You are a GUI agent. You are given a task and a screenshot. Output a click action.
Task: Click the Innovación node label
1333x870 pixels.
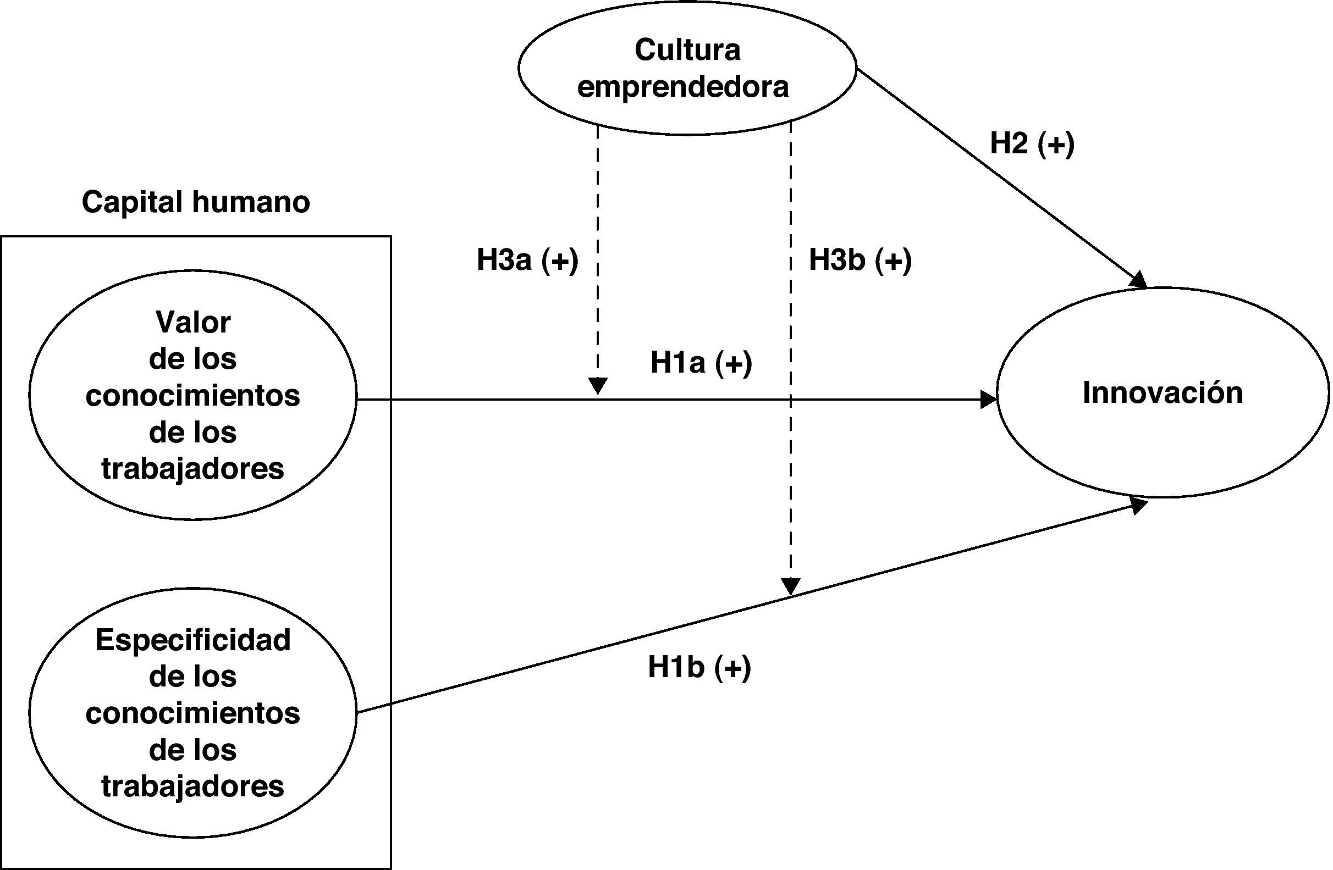click(x=1162, y=392)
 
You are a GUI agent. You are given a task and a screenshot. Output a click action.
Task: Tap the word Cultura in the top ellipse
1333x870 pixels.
click(x=687, y=50)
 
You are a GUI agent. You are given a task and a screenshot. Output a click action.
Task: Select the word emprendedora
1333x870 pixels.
click(x=683, y=87)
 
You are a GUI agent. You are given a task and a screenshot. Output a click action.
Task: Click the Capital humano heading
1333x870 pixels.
click(x=195, y=202)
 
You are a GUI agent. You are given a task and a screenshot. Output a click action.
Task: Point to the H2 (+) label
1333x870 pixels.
click(x=1032, y=143)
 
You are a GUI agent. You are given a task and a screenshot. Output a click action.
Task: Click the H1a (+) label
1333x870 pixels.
click(x=701, y=363)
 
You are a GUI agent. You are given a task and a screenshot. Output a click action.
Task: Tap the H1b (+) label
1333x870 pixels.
click(x=699, y=667)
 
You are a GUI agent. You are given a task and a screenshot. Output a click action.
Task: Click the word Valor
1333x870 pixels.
click(x=193, y=323)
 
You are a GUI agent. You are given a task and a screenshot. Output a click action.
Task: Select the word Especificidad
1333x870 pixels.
click(x=193, y=640)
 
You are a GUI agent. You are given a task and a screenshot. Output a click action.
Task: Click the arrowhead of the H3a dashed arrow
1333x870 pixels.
click(x=598, y=386)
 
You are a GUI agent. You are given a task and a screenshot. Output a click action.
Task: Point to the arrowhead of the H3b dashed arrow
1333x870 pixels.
click(x=790, y=586)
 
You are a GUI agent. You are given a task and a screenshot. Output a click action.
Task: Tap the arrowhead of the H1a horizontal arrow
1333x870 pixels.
click(x=988, y=400)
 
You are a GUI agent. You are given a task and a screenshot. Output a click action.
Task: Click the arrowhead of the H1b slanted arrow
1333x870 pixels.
click(x=1138, y=506)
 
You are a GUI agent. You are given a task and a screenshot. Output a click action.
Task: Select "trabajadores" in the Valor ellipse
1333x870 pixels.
click(x=193, y=469)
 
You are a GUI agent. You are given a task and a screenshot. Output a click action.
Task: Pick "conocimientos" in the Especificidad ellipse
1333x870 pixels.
click(x=193, y=713)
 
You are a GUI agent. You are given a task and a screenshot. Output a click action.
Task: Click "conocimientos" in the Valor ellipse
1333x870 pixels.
click(x=193, y=396)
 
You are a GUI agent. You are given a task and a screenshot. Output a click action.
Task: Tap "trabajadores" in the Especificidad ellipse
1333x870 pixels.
click(x=193, y=786)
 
